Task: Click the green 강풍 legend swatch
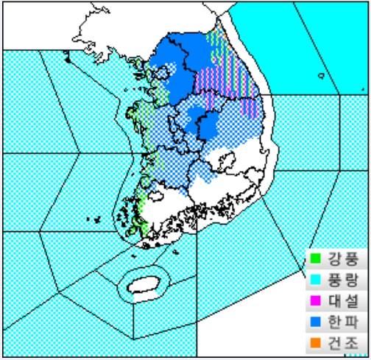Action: click(314, 258)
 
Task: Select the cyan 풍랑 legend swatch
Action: click(314, 280)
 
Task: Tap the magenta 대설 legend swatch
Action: click(314, 301)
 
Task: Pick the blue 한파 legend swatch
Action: click(314, 322)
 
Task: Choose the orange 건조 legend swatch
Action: click(314, 343)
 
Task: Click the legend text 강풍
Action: click(338, 258)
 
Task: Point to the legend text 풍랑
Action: click(338, 280)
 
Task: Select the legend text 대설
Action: click(338, 301)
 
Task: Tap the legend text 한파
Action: click(338, 322)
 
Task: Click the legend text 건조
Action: click(338, 343)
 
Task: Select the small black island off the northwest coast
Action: click(68, 58)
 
